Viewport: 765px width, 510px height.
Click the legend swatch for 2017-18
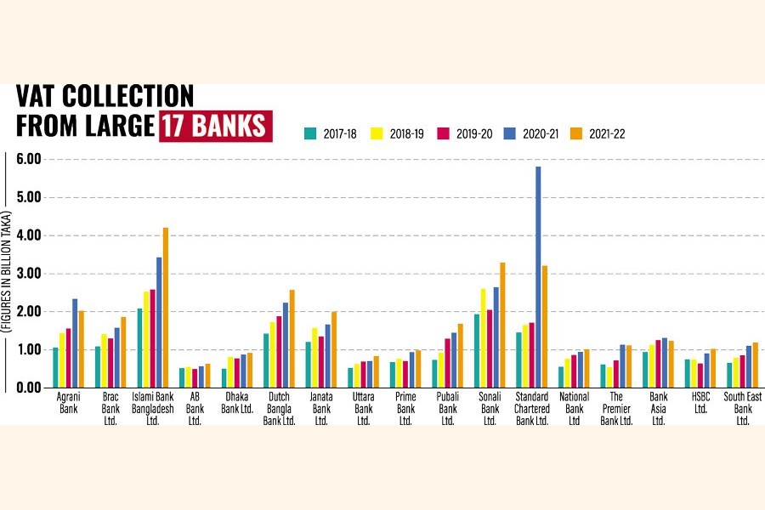coord(310,133)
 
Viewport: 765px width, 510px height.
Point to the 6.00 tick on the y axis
coord(30,159)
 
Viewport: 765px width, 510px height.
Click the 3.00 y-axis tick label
coord(30,274)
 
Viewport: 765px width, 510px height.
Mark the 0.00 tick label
coord(30,388)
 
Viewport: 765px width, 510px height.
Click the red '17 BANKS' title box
coord(214,124)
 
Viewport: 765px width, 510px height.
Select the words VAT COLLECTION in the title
coord(105,96)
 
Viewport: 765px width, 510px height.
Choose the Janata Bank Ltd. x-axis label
coord(322,408)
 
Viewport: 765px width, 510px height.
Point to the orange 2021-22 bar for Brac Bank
coord(123,353)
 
